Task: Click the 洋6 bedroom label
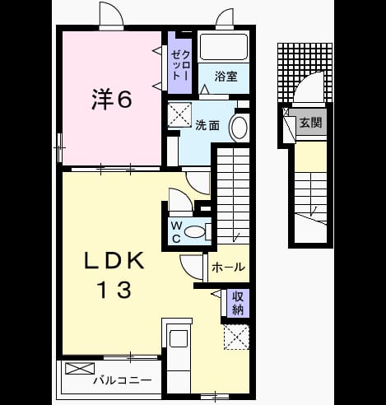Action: (112, 99)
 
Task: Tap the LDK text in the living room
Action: (114, 261)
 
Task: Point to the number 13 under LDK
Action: (114, 290)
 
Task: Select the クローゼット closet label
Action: (180, 65)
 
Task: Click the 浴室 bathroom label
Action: (226, 77)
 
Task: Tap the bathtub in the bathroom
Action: (224, 47)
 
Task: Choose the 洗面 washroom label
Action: (207, 126)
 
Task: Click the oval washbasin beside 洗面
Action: (240, 128)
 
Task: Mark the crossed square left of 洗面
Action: (179, 115)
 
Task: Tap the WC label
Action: (176, 232)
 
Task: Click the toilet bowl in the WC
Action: (195, 232)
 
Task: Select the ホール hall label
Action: (228, 268)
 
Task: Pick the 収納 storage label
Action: (237, 303)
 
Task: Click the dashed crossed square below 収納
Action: (236, 337)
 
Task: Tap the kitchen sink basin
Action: (179, 338)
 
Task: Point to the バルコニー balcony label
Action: (123, 380)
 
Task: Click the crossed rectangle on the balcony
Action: (80, 368)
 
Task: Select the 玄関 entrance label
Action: (310, 123)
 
